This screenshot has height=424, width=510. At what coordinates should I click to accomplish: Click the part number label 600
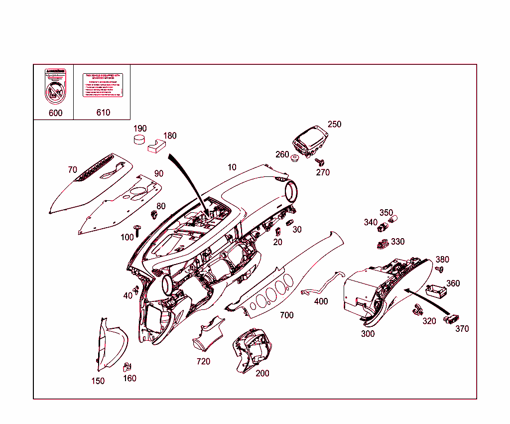pyautogui.click(x=55, y=113)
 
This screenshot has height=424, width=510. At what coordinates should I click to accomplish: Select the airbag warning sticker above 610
pyautogui.click(x=103, y=85)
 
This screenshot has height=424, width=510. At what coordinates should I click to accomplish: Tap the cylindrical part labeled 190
pyautogui.click(x=140, y=138)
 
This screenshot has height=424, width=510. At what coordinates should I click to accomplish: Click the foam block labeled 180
pyautogui.click(x=155, y=145)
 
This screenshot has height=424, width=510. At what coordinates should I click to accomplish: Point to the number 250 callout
pyautogui.click(x=335, y=124)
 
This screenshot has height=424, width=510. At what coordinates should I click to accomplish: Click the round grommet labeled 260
pyautogui.click(x=294, y=159)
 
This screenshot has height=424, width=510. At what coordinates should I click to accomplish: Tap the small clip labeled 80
pyautogui.click(x=154, y=215)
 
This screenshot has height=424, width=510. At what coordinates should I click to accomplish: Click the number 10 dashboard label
pyautogui.click(x=232, y=167)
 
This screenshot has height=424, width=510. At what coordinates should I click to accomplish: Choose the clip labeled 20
pyautogui.click(x=278, y=232)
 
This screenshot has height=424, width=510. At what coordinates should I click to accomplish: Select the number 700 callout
pyautogui.click(x=286, y=315)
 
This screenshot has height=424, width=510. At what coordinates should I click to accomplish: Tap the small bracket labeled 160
pyautogui.click(x=127, y=366)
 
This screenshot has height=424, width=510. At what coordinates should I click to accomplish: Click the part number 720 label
pyautogui.click(x=203, y=361)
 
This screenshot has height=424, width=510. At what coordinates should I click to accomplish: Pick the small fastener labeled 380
pyautogui.click(x=439, y=270)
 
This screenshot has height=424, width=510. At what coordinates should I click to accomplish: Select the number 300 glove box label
pyautogui.click(x=368, y=334)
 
